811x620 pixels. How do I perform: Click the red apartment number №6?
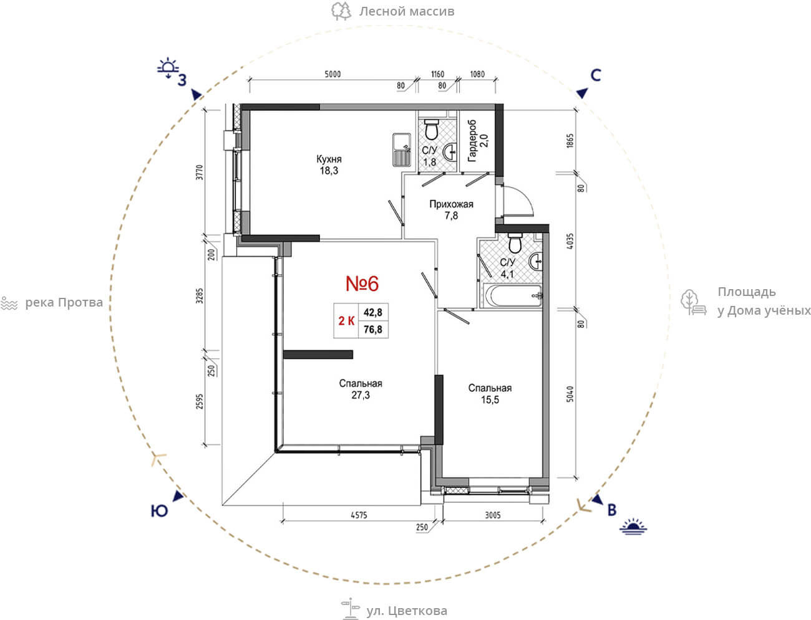tap(362, 284)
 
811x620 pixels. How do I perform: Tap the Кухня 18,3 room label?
tap(329, 165)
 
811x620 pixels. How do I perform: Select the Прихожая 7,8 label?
tap(451, 209)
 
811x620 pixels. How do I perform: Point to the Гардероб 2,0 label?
tap(477, 141)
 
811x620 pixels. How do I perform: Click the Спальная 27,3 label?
tap(361, 389)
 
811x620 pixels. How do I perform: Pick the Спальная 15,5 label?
tap(490, 394)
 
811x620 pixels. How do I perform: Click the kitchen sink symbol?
tap(401, 150)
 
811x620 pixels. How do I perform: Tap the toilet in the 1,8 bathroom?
tap(431, 129)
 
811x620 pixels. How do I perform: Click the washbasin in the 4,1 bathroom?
tap(536, 262)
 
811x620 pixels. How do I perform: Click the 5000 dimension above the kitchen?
tap(333, 74)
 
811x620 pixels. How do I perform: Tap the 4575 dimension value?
tap(359, 515)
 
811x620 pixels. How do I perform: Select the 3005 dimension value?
tap(493, 515)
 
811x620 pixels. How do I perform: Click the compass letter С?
tap(596, 75)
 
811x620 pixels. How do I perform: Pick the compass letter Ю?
tap(159, 511)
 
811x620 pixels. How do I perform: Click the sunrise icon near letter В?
tap(633, 527)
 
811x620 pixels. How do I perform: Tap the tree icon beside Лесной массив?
tap(341, 11)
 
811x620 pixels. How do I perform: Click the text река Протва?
tap(64, 303)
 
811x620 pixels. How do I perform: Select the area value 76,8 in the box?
tap(373, 329)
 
